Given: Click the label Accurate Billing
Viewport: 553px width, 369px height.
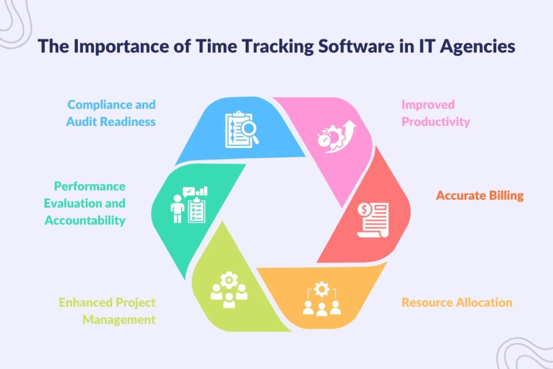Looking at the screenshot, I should click(480, 196).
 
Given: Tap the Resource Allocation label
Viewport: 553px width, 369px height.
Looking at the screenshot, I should click(456, 302).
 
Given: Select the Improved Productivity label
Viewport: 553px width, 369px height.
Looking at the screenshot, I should click(435, 113).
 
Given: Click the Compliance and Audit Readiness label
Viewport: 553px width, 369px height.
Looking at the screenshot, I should click(111, 113).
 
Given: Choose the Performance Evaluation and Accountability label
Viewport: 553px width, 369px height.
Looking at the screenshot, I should click(85, 203).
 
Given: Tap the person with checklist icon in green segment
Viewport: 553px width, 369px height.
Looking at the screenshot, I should click(189, 205).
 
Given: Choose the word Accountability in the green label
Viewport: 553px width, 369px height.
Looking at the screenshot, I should click(85, 220).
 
